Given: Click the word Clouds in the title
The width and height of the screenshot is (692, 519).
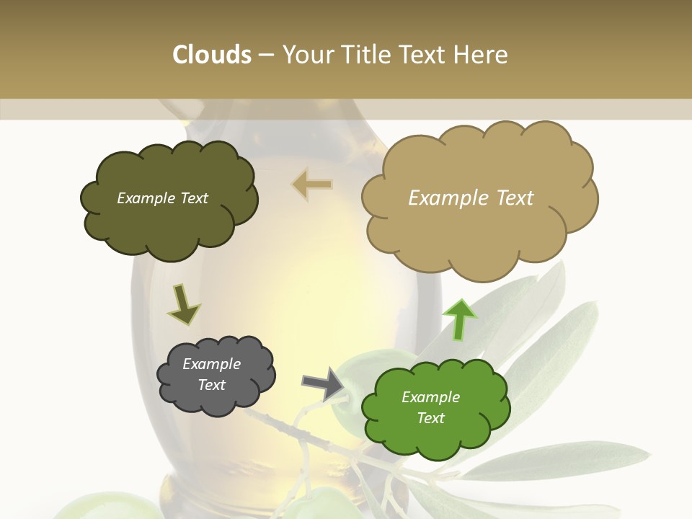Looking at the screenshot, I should [212, 55].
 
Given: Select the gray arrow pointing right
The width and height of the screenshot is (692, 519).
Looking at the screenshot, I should [322, 383].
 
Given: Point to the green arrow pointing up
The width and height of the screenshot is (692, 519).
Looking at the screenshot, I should [459, 319].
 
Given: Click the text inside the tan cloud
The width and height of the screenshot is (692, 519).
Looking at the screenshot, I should [471, 198].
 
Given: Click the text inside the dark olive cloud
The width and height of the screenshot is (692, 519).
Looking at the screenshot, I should [162, 198].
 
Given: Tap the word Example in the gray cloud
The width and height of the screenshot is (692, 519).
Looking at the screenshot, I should [211, 364].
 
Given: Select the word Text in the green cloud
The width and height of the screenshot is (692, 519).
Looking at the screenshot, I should [430, 418].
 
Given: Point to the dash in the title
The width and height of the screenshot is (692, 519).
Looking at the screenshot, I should [266, 56].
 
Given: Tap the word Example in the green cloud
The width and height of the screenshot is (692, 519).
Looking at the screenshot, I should [430, 397].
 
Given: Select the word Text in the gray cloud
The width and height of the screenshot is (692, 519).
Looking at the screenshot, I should [211, 385].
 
